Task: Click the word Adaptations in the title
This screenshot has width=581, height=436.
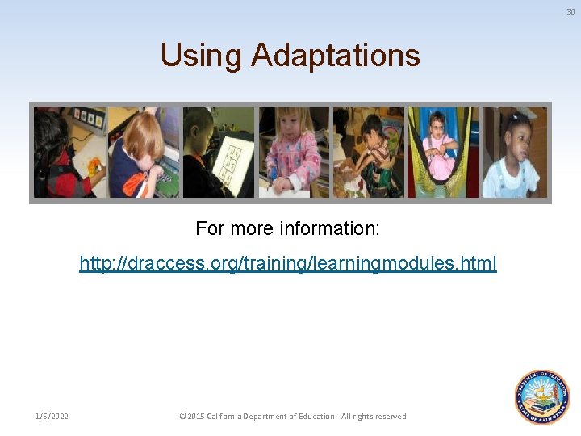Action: [335, 56]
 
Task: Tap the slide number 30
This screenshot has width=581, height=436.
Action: [571, 11]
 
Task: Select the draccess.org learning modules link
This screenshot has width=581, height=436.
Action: [288, 263]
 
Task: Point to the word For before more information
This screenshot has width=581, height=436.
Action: [210, 228]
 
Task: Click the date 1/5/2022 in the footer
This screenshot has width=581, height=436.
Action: [52, 417]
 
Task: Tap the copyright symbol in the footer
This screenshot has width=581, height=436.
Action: [182, 417]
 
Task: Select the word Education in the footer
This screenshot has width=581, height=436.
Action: [313, 417]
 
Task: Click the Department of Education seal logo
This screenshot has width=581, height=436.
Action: [542, 396]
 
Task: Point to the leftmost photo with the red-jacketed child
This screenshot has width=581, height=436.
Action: [69, 153]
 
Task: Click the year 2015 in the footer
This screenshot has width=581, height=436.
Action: [196, 417]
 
